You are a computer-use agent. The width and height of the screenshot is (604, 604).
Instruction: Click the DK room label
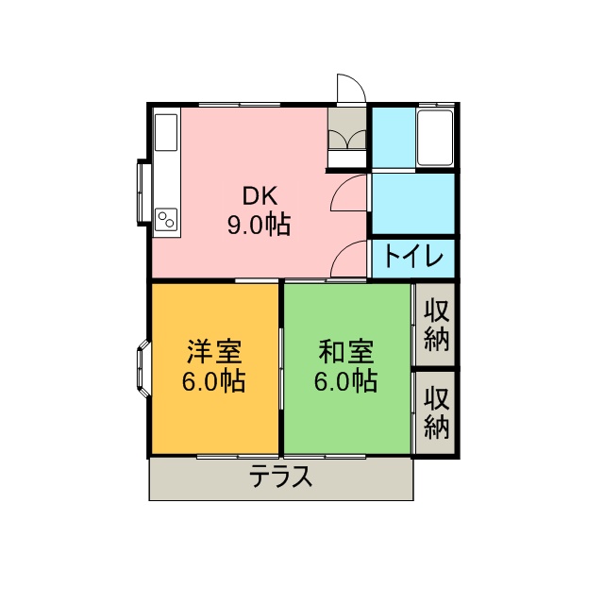tap(260, 196)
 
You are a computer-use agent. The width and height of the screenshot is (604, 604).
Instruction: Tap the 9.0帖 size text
tap(259, 225)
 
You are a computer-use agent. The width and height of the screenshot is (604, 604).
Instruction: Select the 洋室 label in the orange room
tap(214, 352)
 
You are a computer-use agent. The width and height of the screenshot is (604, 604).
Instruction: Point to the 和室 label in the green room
tap(346, 352)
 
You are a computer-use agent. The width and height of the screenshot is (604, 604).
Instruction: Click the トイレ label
tap(413, 257)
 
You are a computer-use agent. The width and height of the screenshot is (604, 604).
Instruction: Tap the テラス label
tap(280, 477)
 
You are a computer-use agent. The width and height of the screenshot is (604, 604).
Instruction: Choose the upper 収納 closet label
tap(437, 326)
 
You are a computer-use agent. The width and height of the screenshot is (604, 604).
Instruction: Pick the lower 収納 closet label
tap(437, 413)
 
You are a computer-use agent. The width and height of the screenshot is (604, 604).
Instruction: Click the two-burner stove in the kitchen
tap(166, 220)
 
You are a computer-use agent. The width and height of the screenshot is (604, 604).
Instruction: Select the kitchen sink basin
tap(166, 132)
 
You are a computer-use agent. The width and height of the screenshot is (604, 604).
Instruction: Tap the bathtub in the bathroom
tap(435, 138)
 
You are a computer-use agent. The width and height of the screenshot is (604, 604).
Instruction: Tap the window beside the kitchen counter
tap(143, 193)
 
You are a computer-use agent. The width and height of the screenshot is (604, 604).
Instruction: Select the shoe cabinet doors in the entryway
tap(346, 139)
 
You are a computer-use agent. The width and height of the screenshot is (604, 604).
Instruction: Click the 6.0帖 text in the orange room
tap(214, 381)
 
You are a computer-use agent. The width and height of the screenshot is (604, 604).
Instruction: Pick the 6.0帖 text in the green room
tap(346, 381)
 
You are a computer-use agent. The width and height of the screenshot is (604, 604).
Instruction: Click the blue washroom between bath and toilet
tap(413, 204)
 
